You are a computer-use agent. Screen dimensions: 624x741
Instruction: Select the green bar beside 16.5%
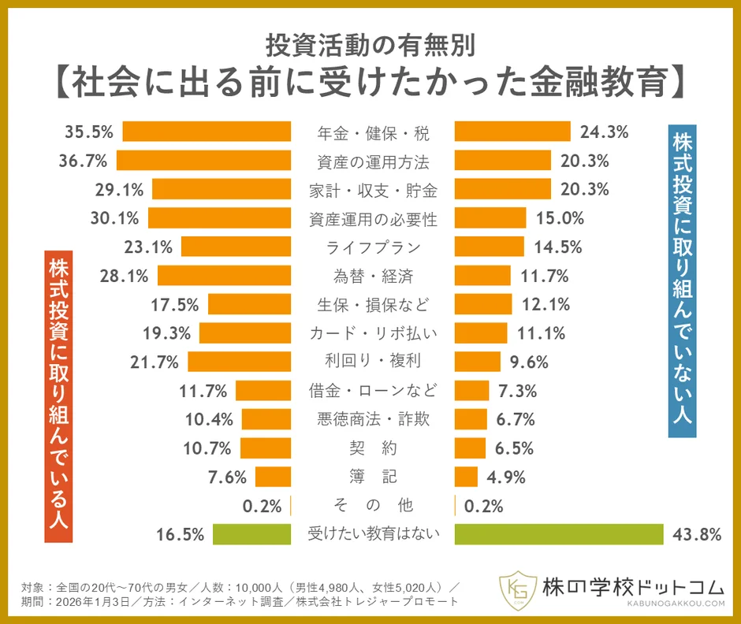252,534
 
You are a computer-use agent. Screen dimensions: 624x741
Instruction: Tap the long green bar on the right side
559,534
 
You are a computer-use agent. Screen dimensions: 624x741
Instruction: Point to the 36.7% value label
83,161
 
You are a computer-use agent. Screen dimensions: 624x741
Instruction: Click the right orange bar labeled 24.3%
512,132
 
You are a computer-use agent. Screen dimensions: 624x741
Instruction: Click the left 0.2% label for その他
262,506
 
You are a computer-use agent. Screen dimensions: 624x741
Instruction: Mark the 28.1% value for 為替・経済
125,276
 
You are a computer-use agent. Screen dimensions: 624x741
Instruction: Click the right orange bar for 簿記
466,477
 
